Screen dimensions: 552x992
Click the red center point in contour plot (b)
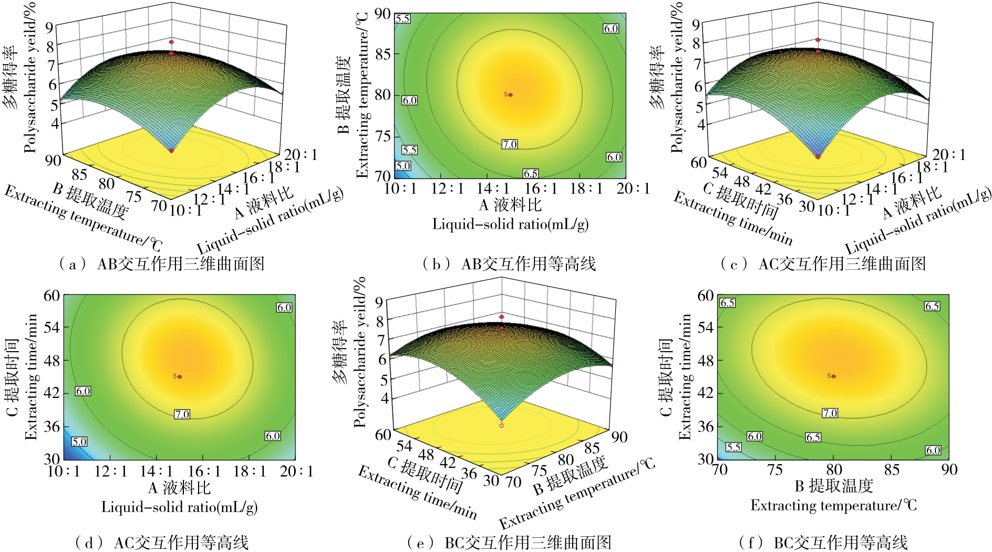(x=510, y=95)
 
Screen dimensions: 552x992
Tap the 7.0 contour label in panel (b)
(x=509, y=144)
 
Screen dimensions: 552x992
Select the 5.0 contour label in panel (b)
(x=402, y=166)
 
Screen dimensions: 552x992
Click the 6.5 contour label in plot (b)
(x=531, y=173)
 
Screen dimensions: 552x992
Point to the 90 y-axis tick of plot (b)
(x=383, y=14)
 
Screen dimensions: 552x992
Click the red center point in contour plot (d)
(x=180, y=376)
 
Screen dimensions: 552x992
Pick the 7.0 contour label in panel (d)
(x=182, y=414)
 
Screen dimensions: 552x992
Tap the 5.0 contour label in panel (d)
(x=79, y=442)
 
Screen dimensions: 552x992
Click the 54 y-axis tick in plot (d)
(x=51, y=328)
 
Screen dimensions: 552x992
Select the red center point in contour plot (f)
(x=833, y=376)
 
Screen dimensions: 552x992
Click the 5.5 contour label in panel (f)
(x=733, y=447)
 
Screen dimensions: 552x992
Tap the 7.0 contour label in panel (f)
(x=830, y=413)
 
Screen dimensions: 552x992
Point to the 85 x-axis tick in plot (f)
(x=892, y=469)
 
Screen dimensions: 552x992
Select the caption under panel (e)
(x=509, y=542)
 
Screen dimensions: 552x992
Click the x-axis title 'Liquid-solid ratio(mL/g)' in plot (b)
(x=510, y=224)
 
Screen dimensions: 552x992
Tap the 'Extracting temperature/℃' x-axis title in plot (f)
(x=833, y=506)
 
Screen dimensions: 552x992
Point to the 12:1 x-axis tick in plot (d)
(x=110, y=471)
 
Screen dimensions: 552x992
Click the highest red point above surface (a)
(x=171, y=42)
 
